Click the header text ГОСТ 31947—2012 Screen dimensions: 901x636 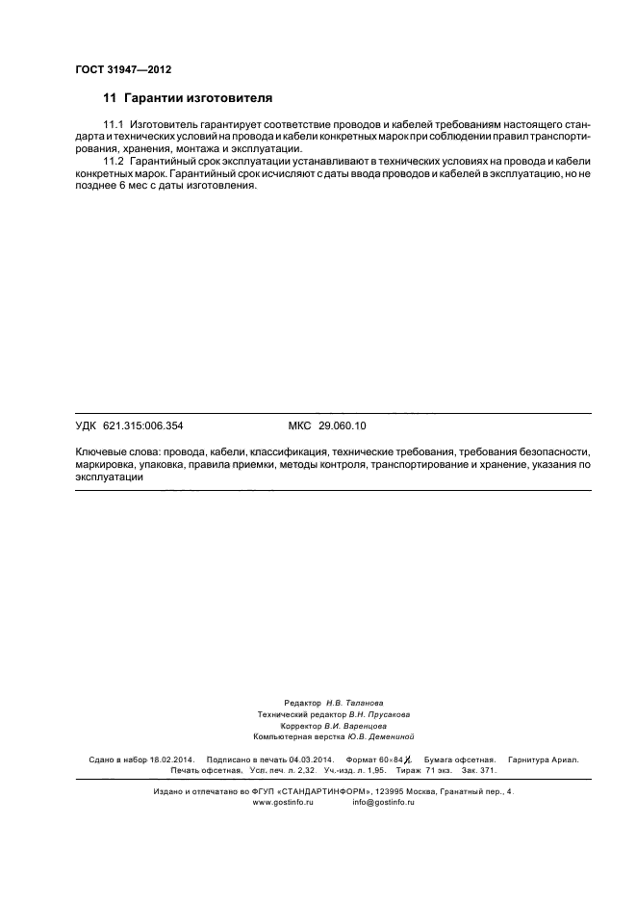tap(122, 69)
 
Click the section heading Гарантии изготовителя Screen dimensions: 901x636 tap(197, 98)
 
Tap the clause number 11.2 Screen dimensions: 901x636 tap(114, 160)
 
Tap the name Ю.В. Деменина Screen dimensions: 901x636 tap(379, 736)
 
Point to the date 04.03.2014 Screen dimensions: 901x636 tap(299, 760)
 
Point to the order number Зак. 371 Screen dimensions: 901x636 tap(479, 771)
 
